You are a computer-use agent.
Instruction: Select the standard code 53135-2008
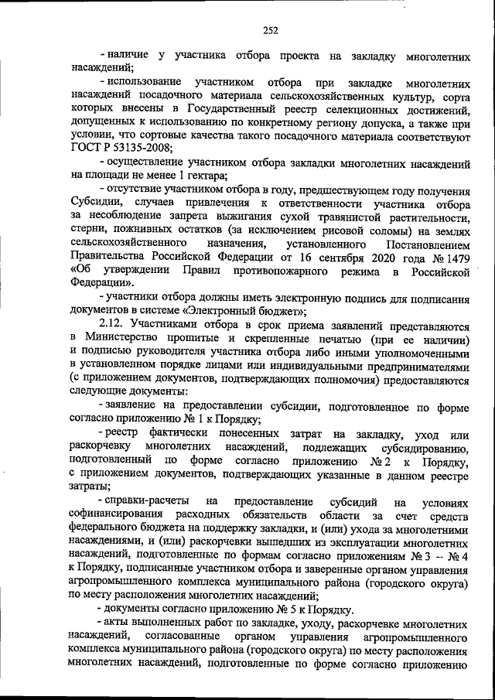134,148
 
